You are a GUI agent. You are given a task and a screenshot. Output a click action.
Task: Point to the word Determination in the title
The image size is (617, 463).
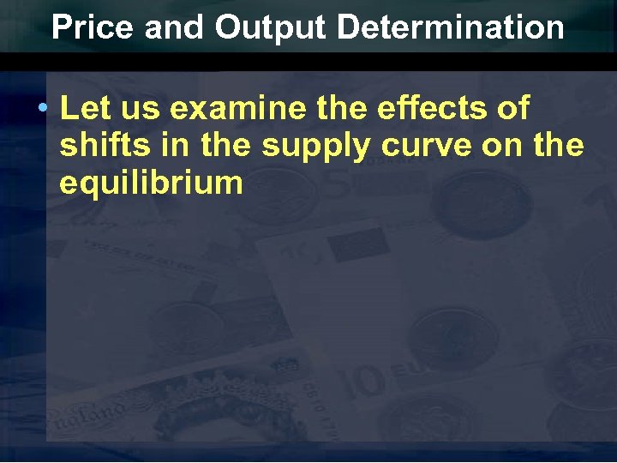coord(451,27)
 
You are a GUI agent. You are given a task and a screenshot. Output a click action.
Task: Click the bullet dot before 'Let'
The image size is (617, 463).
coord(42,109)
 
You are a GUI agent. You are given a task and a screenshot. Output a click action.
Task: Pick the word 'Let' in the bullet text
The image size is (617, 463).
coord(84,109)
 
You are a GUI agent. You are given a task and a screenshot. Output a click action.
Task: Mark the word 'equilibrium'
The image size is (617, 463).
coord(152,183)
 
